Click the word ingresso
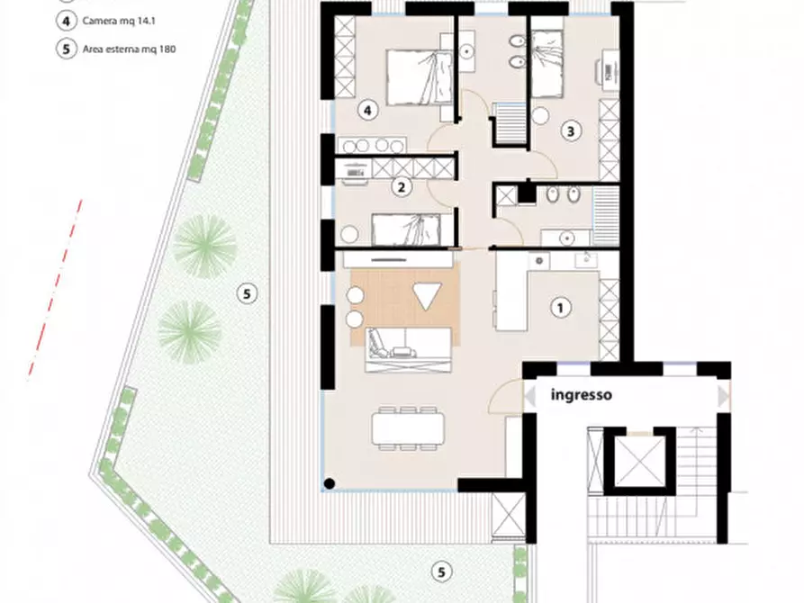(x=581, y=395)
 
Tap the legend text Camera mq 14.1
(x=119, y=22)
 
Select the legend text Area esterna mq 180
(x=130, y=49)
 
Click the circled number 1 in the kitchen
(x=560, y=308)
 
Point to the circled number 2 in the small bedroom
(x=402, y=187)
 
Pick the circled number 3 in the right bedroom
(x=571, y=131)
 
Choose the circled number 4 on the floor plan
(x=367, y=110)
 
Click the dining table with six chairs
(x=408, y=428)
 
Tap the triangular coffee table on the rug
(x=427, y=296)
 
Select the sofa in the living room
(x=409, y=350)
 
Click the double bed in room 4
(x=420, y=77)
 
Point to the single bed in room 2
(x=406, y=229)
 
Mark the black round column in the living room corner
(x=330, y=483)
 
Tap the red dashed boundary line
(x=56, y=290)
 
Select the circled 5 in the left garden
(x=247, y=293)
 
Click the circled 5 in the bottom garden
(x=441, y=571)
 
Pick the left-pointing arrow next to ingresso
(x=529, y=396)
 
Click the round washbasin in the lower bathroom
(x=566, y=238)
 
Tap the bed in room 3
(x=547, y=64)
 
